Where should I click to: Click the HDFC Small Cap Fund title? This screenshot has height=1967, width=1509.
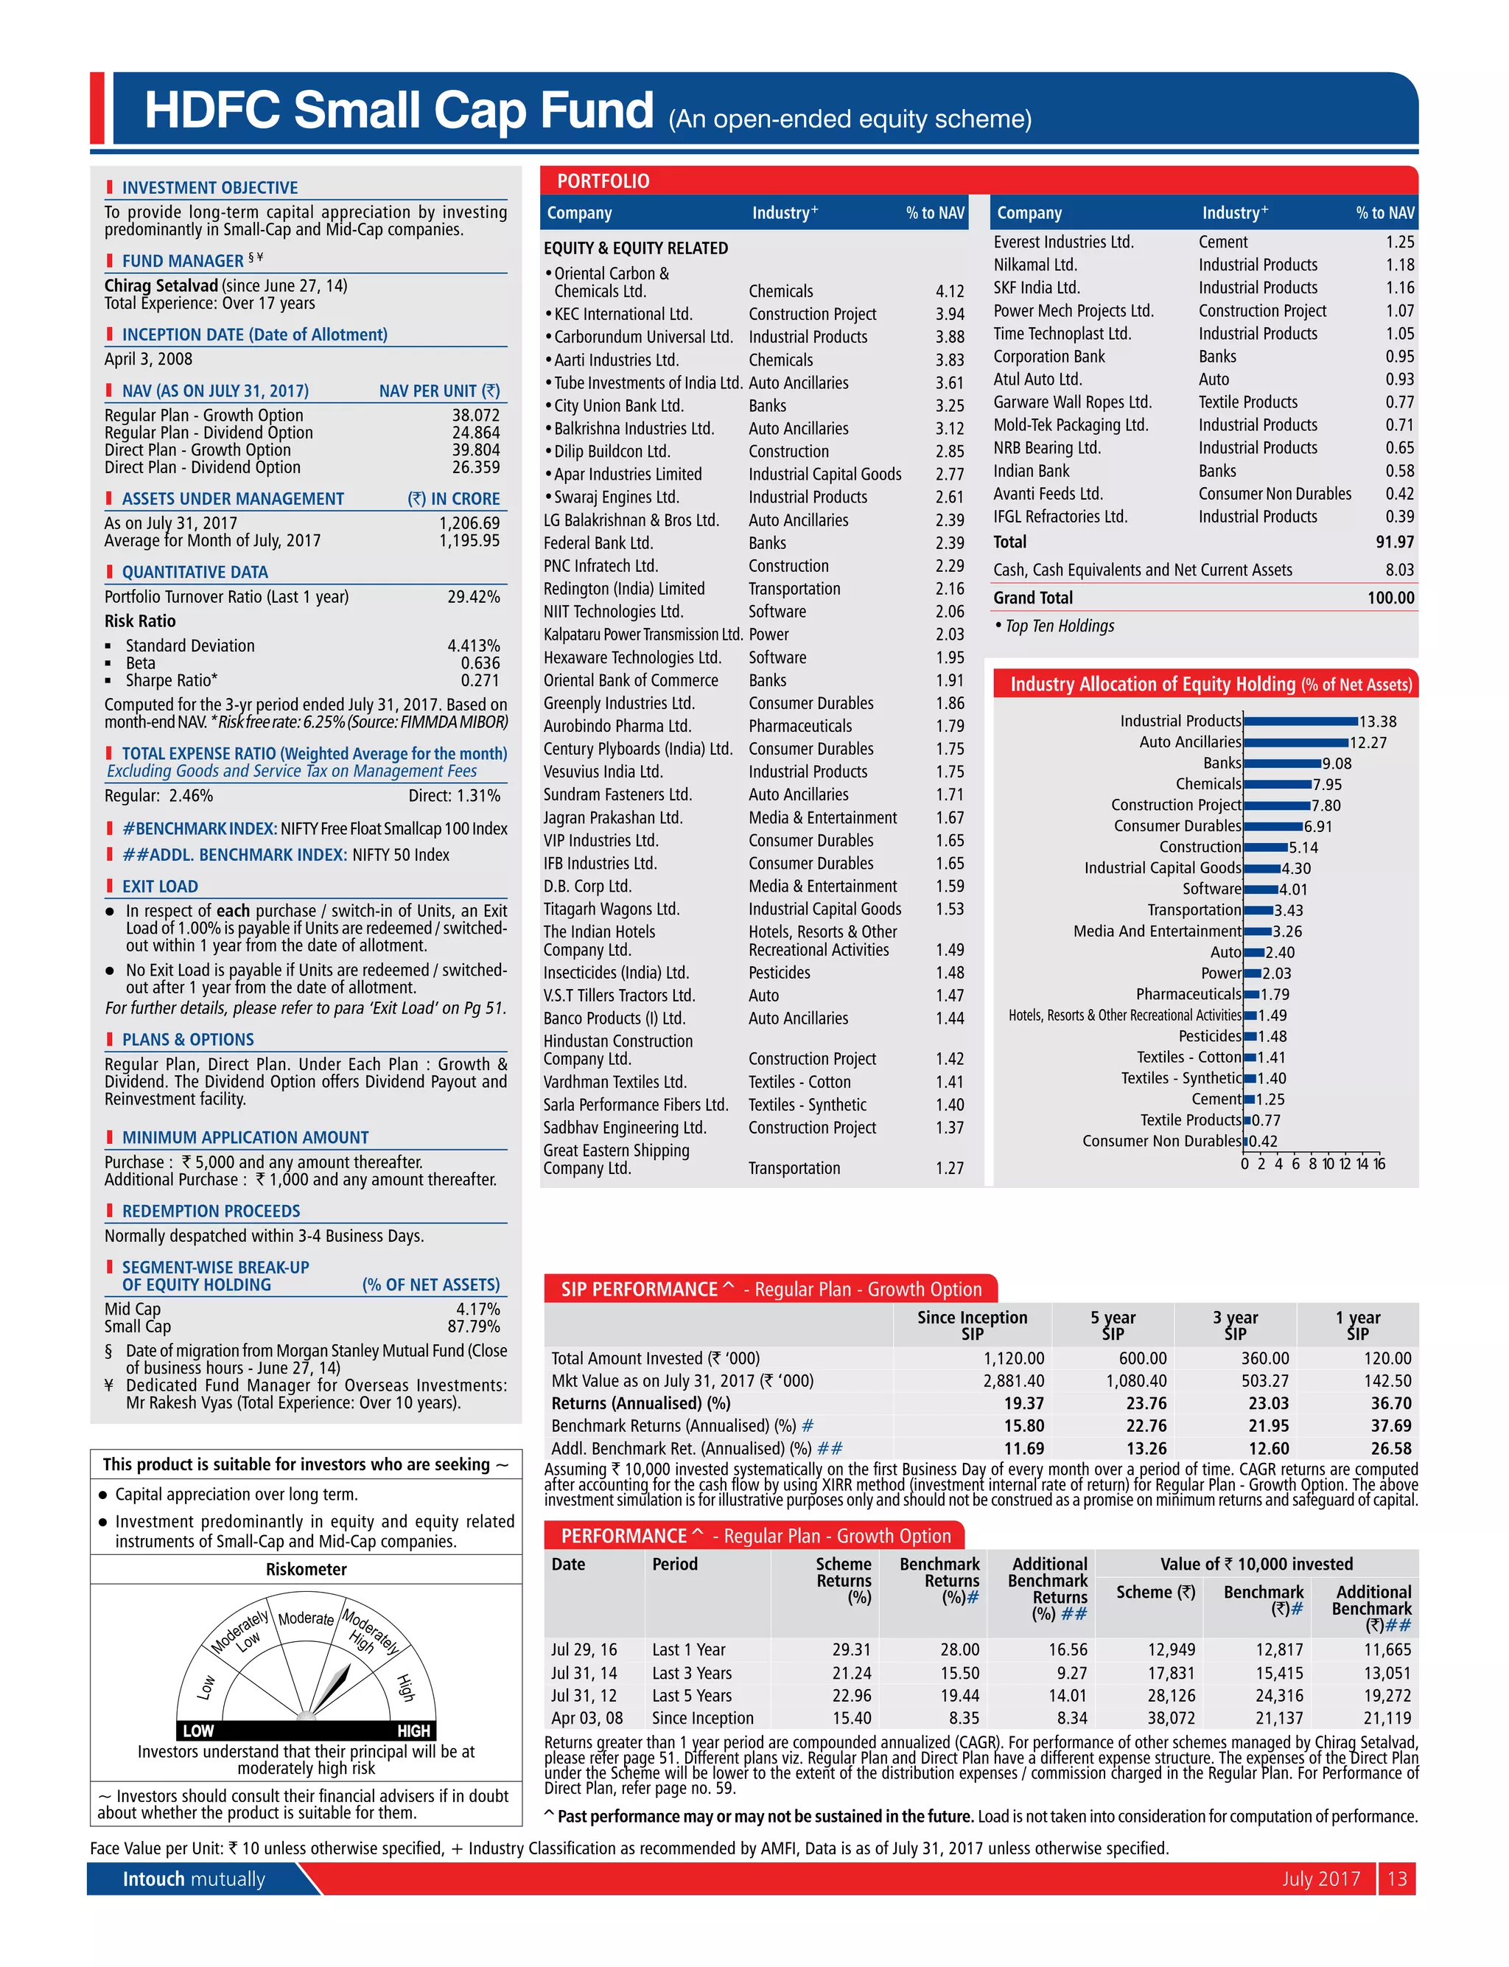tap(399, 111)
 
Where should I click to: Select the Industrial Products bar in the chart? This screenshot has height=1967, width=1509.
tap(1300, 722)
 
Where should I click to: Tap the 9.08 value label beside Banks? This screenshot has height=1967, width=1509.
tap(1337, 764)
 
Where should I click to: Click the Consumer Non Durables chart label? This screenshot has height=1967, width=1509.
tap(1161, 1141)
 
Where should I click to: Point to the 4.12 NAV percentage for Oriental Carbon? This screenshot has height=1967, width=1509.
tap(950, 291)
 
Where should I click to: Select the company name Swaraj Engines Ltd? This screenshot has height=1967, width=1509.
tap(616, 497)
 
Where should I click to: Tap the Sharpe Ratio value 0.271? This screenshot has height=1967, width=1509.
tap(480, 680)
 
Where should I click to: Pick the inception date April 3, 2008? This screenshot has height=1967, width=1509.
tap(148, 358)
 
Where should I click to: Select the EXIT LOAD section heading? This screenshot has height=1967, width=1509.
tap(160, 887)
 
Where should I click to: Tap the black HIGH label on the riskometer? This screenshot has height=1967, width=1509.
tap(413, 1730)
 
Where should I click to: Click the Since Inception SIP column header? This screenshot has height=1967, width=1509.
tap(972, 1325)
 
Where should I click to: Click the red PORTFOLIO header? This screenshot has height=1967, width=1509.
tap(603, 181)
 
